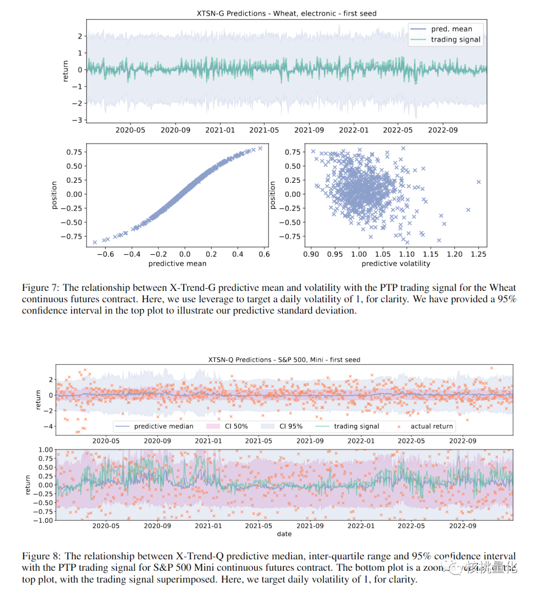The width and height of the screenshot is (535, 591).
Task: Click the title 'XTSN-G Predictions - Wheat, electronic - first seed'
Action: (286, 13)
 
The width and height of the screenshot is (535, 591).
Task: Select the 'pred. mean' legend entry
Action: (451, 29)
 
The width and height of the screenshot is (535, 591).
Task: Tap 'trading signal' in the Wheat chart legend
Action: (455, 40)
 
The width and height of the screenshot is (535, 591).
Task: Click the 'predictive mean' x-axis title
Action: (177, 264)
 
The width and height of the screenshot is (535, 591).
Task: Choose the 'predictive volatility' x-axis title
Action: (396, 264)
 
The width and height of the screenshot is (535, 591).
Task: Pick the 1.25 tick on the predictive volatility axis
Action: (478, 254)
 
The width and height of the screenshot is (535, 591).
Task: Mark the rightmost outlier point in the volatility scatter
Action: (479, 182)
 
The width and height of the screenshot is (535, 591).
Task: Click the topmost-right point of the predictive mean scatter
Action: (260, 148)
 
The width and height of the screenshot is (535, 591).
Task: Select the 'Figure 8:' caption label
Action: (42, 556)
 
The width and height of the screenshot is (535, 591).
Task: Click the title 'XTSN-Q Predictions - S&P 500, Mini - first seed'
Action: (284, 360)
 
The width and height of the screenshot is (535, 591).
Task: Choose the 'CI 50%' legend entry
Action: (236, 426)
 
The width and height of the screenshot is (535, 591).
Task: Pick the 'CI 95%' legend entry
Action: (291, 426)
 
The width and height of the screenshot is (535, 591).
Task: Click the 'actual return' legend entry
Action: (431, 426)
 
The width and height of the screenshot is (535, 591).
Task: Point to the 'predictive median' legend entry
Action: (163, 426)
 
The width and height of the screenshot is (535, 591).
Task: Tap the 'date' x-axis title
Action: (284, 534)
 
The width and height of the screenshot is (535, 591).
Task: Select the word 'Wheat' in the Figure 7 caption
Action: (502, 288)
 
